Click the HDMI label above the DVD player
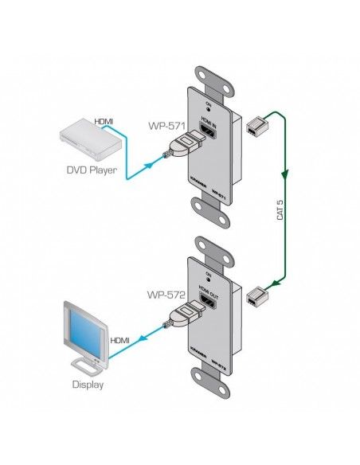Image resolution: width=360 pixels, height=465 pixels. pyautogui.click(x=104, y=121)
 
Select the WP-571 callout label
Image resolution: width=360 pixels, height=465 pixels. pyautogui.click(x=165, y=126)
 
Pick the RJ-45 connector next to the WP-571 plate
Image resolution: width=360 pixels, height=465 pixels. pyautogui.click(x=256, y=123)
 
